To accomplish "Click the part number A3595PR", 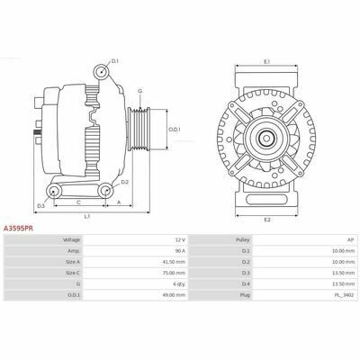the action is click(x=18, y=229).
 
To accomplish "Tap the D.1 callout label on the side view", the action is click(x=115, y=61).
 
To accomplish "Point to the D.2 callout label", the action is click(x=125, y=182).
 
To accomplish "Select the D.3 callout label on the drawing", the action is click(x=40, y=206).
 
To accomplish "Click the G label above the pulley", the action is click(x=140, y=91).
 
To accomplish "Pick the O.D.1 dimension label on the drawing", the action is click(x=174, y=130).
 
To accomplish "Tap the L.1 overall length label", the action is click(x=87, y=216).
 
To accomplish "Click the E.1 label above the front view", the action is click(x=266, y=61).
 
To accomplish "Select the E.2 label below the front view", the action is click(x=267, y=220).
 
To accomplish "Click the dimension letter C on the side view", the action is click(x=78, y=202).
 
